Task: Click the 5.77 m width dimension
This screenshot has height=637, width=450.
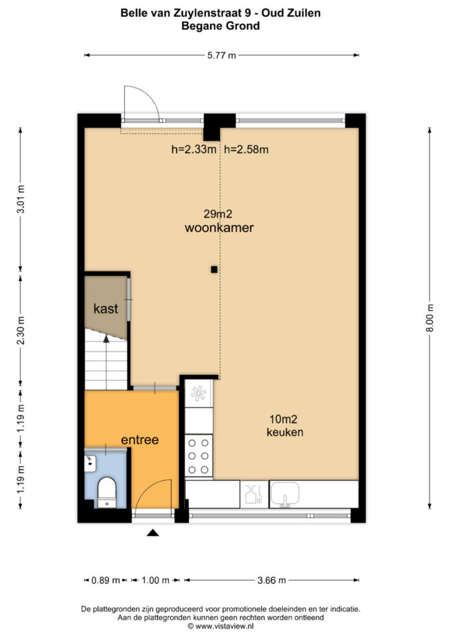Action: [221, 55]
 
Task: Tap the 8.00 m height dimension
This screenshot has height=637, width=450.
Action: [429, 318]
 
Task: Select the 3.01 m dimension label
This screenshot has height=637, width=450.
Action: [21, 199]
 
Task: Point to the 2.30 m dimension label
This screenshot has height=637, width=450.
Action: [21, 330]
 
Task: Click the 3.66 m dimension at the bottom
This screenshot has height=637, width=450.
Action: [272, 580]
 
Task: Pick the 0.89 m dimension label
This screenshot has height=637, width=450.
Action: [106, 580]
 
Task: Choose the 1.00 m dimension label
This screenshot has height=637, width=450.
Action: [155, 580]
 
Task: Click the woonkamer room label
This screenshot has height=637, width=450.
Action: [219, 228]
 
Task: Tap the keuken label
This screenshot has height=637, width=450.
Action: [285, 432]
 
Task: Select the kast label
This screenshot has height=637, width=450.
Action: [106, 309]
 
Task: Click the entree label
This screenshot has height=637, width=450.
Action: [140, 440]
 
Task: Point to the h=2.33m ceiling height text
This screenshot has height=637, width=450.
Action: [194, 149]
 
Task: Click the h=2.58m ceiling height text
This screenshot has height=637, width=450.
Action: [246, 149]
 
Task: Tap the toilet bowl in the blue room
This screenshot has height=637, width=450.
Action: [107, 493]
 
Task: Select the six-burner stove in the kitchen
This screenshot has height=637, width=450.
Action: [198, 456]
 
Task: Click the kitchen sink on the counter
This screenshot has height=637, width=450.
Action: [285, 493]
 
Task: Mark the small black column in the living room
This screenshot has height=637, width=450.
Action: [214, 269]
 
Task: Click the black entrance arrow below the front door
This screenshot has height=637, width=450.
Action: [152, 532]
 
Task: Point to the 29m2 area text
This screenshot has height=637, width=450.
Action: [218, 214]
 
